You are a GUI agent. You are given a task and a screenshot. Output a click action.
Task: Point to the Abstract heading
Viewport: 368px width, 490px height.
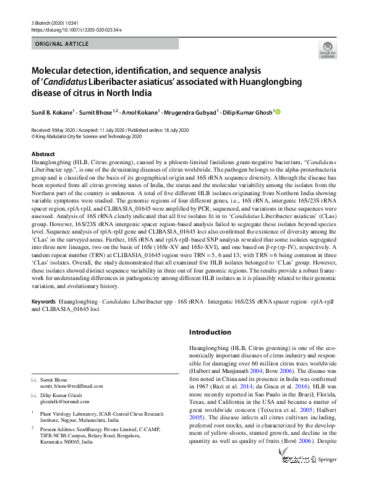point(43,154)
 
